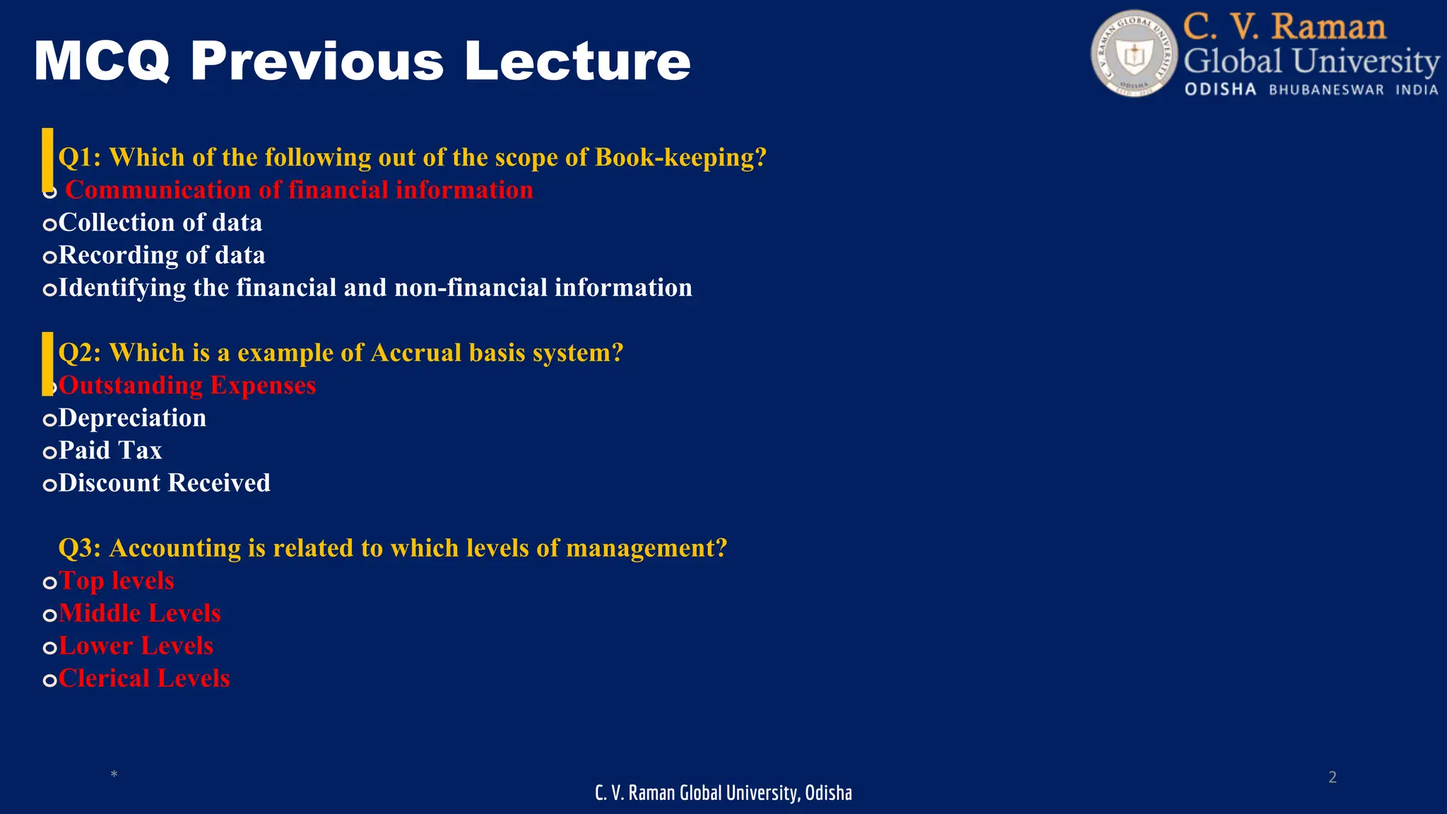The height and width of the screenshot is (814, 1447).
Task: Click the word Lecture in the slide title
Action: tap(577, 61)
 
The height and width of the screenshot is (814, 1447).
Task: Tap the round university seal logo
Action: tap(1134, 54)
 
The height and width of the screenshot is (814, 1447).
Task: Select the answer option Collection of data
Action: tap(160, 223)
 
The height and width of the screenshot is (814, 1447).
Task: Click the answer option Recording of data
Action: tap(162, 255)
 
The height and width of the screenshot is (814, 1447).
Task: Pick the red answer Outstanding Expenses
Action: tap(187, 386)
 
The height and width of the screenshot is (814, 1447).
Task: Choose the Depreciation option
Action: tap(133, 418)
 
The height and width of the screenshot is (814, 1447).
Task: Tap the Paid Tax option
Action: tap(110, 451)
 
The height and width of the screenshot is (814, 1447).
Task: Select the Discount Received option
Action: tap(165, 483)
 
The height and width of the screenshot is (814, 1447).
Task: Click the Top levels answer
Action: tap(117, 581)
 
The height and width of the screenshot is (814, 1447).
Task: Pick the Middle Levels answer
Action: tap(140, 613)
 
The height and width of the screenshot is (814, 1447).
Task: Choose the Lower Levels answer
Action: tap(136, 646)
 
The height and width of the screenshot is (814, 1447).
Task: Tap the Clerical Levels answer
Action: tap(144, 678)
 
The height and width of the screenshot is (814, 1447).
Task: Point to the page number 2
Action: tap(1333, 777)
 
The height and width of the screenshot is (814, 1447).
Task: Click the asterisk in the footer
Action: tap(114, 775)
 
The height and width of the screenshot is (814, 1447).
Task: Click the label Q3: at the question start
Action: tap(79, 548)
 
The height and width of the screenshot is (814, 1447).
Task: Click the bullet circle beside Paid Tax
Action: tap(49, 452)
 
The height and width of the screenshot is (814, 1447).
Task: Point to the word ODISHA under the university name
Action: tap(1220, 90)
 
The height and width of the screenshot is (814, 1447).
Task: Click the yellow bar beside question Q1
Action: tap(47, 159)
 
